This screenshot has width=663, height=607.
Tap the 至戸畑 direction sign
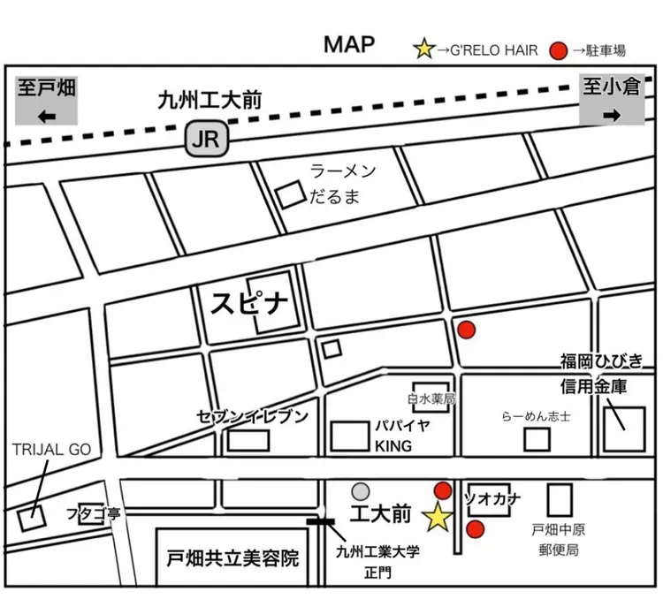[x=47, y=100]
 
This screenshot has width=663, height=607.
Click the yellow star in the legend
[x=424, y=49]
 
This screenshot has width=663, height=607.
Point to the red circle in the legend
[x=558, y=49]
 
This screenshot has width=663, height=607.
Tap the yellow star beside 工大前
[x=437, y=518]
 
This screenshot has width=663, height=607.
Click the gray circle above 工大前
[x=360, y=491]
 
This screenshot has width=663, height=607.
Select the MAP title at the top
[x=348, y=43]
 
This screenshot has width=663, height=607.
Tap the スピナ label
[x=249, y=305]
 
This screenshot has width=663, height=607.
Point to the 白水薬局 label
[x=431, y=399]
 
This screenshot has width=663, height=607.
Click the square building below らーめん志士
[x=537, y=438]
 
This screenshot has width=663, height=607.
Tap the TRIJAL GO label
[x=51, y=449]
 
